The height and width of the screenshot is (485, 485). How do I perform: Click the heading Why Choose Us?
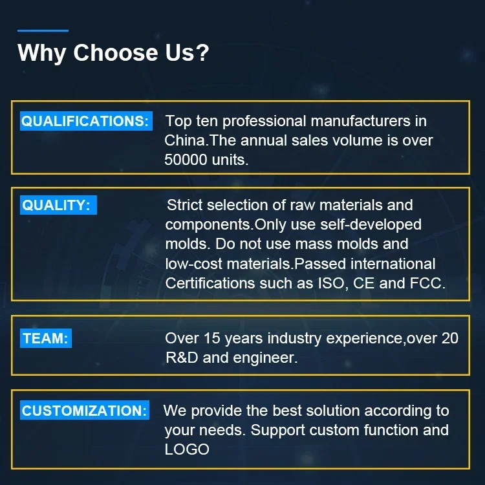(x=113, y=53)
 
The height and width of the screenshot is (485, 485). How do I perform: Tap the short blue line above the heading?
(x=43, y=30)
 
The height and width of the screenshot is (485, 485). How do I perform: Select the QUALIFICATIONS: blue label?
(x=86, y=121)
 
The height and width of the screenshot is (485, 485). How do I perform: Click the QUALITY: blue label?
(x=58, y=205)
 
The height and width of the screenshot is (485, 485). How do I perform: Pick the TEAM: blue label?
(x=46, y=338)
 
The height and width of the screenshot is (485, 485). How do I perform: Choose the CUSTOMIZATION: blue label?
(x=85, y=410)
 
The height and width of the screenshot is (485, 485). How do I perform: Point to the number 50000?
(x=186, y=160)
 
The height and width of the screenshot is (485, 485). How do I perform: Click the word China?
(x=185, y=140)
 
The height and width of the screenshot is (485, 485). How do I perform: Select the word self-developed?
(x=371, y=225)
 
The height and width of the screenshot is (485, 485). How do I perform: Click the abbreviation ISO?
(x=331, y=283)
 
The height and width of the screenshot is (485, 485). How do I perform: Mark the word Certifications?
(x=210, y=283)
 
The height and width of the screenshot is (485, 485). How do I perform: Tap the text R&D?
(x=182, y=358)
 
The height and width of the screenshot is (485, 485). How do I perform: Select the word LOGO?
(x=187, y=449)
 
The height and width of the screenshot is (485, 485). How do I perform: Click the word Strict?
(x=185, y=205)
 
